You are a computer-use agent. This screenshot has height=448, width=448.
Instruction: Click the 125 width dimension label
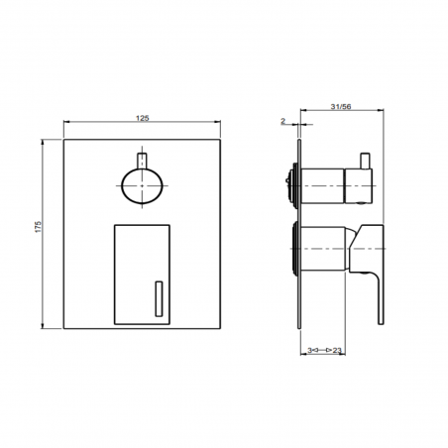tap(143, 118)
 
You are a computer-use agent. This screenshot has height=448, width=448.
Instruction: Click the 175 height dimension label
tap(39, 227)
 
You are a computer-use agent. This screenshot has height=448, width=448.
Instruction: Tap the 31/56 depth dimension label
tap(341, 107)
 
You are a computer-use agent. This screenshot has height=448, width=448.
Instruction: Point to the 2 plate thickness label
tap(283, 121)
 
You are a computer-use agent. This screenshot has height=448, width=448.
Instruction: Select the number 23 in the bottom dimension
tap(337, 350)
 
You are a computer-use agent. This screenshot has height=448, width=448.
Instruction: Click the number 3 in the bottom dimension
tap(309, 350)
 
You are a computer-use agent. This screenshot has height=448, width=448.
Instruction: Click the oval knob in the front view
tap(142, 186)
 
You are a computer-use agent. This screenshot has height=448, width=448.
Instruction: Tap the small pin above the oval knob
tap(142, 161)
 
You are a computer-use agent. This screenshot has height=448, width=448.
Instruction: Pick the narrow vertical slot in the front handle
tap(159, 299)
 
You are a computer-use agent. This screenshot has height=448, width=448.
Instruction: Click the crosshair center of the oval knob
tap(142, 186)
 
